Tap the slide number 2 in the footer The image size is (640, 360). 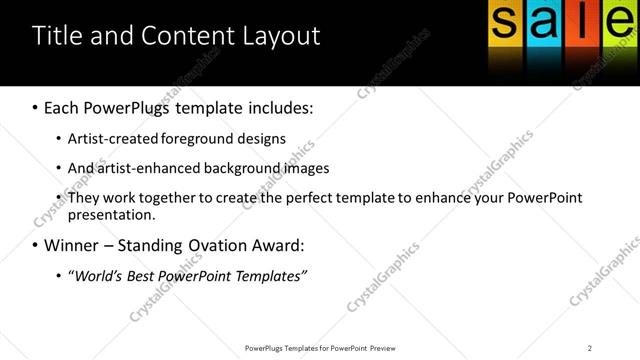pyautogui.click(x=590, y=348)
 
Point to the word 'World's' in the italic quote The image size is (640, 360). pyautogui.click(x=98, y=275)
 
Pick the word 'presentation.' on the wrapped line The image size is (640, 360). pyautogui.click(x=111, y=214)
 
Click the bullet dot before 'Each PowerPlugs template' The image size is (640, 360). pyautogui.click(x=35, y=107)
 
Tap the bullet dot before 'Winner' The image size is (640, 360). pyautogui.click(x=35, y=245)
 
